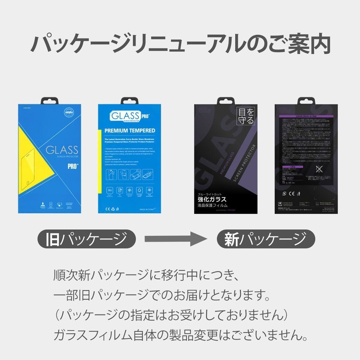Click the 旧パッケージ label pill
tap(86, 239)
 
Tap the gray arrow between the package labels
tap(176, 239)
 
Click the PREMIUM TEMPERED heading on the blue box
tap(130, 130)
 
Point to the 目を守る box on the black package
tap(246, 116)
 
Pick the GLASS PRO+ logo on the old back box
tap(125, 117)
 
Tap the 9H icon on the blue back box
tap(109, 190)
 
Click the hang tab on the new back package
tap(306, 100)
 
